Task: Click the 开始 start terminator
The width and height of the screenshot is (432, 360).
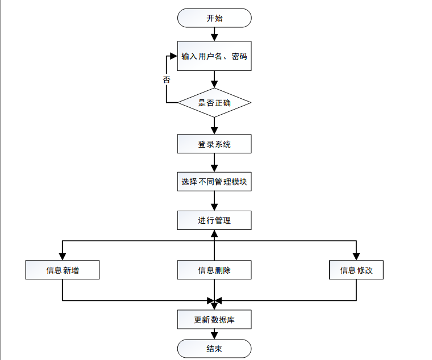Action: pyautogui.click(x=214, y=18)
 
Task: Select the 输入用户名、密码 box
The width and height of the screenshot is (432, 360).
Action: pyautogui.click(x=214, y=56)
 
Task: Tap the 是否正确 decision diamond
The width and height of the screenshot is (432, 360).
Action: pyautogui.click(x=214, y=103)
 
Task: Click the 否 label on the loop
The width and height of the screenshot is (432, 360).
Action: pyautogui.click(x=166, y=80)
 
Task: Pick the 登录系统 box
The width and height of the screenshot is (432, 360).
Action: pyautogui.click(x=214, y=144)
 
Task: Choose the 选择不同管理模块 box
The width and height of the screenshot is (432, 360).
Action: pyautogui.click(x=214, y=182)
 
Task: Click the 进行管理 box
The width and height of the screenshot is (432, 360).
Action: pyautogui.click(x=214, y=220)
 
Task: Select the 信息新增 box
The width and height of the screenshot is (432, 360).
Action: pyautogui.click(x=63, y=270)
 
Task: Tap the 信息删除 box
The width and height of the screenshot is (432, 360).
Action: pyautogui.click(x=214, y=270)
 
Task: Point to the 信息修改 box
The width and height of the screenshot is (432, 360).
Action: pyautogui.click(x=356, y=270)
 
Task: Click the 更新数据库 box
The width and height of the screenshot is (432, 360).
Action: pyautogui.click(x=214, y=320)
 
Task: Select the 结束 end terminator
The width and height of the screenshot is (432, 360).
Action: pyautogui.click(x=214, y=348)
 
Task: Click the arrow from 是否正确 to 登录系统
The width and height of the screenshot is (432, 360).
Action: pyautogui.click(x=214, y=125)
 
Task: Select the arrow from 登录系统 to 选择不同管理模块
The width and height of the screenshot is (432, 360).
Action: pyautogui.click(x=214, y=163)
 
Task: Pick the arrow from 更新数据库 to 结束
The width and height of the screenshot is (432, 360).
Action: pyautogui.click(x=214, y=334)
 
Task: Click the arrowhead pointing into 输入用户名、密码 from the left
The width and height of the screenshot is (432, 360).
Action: pyautogui.click(x=173, y=56)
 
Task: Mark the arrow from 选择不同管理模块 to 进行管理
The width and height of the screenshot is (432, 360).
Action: pyautogui.click(x=214, y=201)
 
